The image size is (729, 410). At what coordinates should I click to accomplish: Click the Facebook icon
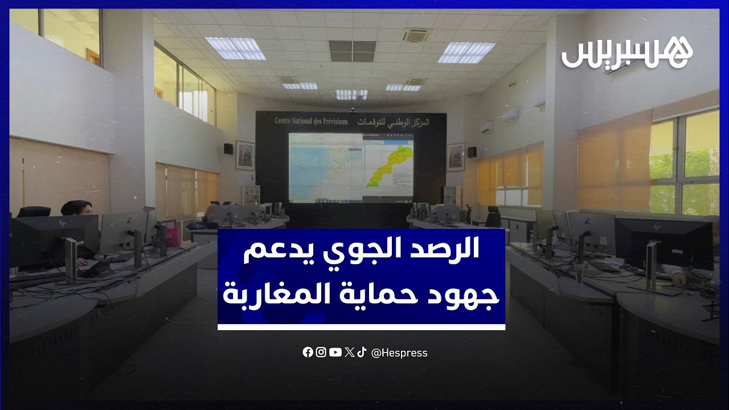click(x=308, y=352)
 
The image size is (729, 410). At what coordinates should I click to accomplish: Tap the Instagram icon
click(x=321, y=352)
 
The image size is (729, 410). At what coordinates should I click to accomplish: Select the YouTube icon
click(x=335, y=352)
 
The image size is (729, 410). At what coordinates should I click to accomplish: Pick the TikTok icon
click(x=362, y=352)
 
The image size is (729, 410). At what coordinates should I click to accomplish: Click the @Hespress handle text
click(x=399, y=353)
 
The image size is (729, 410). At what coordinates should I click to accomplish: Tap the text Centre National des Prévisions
click(x=311, y=121)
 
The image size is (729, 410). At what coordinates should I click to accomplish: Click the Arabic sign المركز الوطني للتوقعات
click(x=394, y=122)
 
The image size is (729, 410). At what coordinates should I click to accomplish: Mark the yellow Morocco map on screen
click(x=390, y=165)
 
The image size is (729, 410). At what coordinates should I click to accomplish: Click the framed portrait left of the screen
click(x=245, y=155)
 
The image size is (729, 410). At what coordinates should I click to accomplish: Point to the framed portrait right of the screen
click(x=456, y=157)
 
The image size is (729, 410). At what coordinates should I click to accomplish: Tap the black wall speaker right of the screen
click(x=472, y=152)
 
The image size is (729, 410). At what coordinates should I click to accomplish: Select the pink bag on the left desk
click(x=169, y=233)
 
